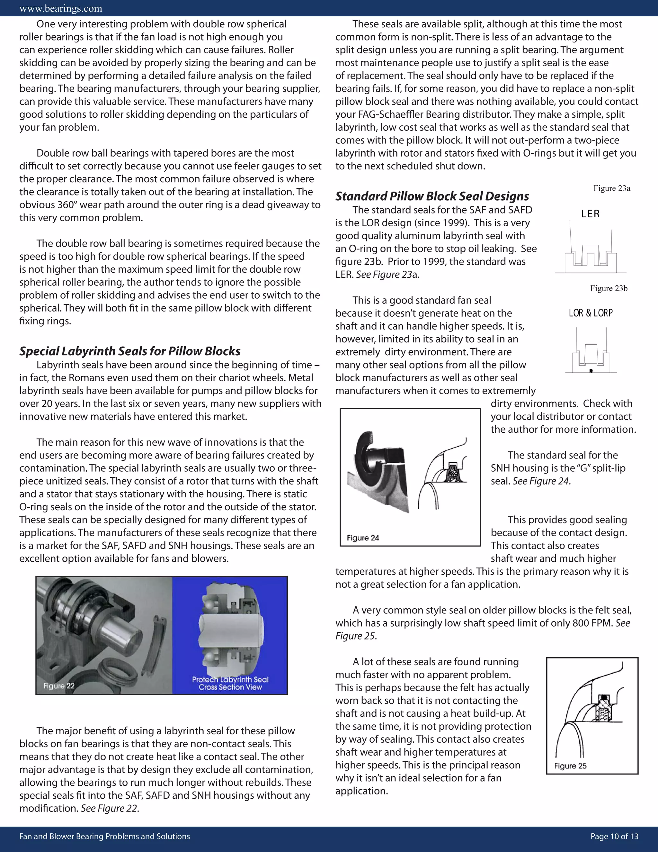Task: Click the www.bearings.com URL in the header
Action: pyautogui.click(x=60, y=8)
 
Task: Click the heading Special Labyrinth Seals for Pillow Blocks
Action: pyautogui.click(x=130, y=351)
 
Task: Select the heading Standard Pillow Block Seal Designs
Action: pyautogui.click(x=432, y=196)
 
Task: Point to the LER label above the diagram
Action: pyautogui.click(x=590, y=214)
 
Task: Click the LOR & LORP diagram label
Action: pyautogui.click(x=591, y=313)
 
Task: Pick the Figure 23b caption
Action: pyautogui.click(x=609, y=288)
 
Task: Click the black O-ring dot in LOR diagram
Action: pyautogui.click(x=591, y=371)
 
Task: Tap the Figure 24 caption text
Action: pyautogui.click(x=362, y=538)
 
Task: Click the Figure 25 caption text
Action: pyautogui.click(x=570, y=766)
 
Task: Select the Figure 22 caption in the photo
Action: pyautogui.click(x=59, y=686)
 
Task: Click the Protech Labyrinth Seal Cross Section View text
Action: pyautogui.click(x=230, y=683)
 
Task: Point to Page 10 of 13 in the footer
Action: pyautogui.click(x=614, y=836)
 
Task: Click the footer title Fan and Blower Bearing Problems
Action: pyautogui.click(x=104, y=836)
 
